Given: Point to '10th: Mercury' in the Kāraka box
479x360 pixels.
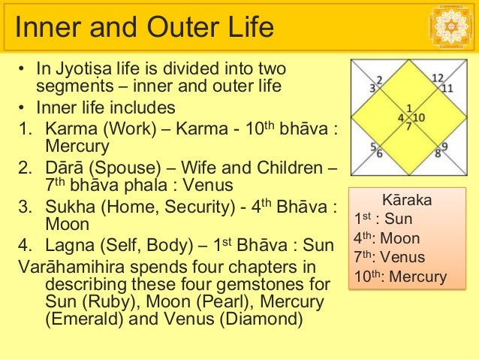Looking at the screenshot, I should pos(400,277).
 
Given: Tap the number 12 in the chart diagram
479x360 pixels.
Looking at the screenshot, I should pos(438,78).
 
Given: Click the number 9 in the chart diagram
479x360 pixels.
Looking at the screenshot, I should pos(444,146).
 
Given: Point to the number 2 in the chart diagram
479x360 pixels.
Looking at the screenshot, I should pos(379,79).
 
